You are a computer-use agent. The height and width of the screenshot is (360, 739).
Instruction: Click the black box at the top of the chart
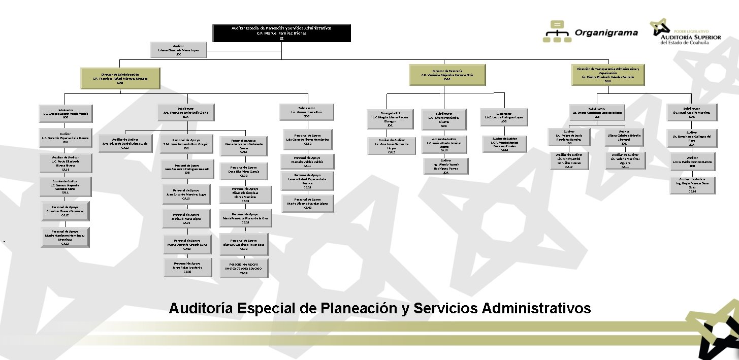[281, 33]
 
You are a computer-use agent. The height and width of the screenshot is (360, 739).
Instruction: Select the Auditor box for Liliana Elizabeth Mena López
[178, 50]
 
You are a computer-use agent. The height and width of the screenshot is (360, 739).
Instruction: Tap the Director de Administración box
[120, 77]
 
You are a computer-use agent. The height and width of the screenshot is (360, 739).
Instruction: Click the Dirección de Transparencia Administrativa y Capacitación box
[607, 75]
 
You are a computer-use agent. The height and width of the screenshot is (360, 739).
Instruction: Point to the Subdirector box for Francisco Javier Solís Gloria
[186, 112]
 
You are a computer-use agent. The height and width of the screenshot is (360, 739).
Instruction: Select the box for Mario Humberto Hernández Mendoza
[65, 237]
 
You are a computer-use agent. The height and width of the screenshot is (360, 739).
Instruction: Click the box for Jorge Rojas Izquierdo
[187, 267]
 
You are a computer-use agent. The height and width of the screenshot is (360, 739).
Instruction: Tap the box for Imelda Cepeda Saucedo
[244, 268]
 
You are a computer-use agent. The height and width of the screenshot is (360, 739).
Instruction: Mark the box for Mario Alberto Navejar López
[308, 203]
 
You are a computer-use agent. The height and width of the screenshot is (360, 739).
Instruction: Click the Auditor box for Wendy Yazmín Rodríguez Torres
[445, 167]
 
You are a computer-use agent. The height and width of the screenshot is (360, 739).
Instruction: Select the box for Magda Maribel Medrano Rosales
[504, 144]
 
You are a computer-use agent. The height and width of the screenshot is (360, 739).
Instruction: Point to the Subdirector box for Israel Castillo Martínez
[692, 112]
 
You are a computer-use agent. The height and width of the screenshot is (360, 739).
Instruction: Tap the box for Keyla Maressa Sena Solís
[692, 185]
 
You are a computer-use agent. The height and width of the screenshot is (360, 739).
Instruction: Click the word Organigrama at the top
[606, 33]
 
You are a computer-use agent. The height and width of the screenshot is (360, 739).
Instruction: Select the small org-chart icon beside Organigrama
[557, 31]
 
